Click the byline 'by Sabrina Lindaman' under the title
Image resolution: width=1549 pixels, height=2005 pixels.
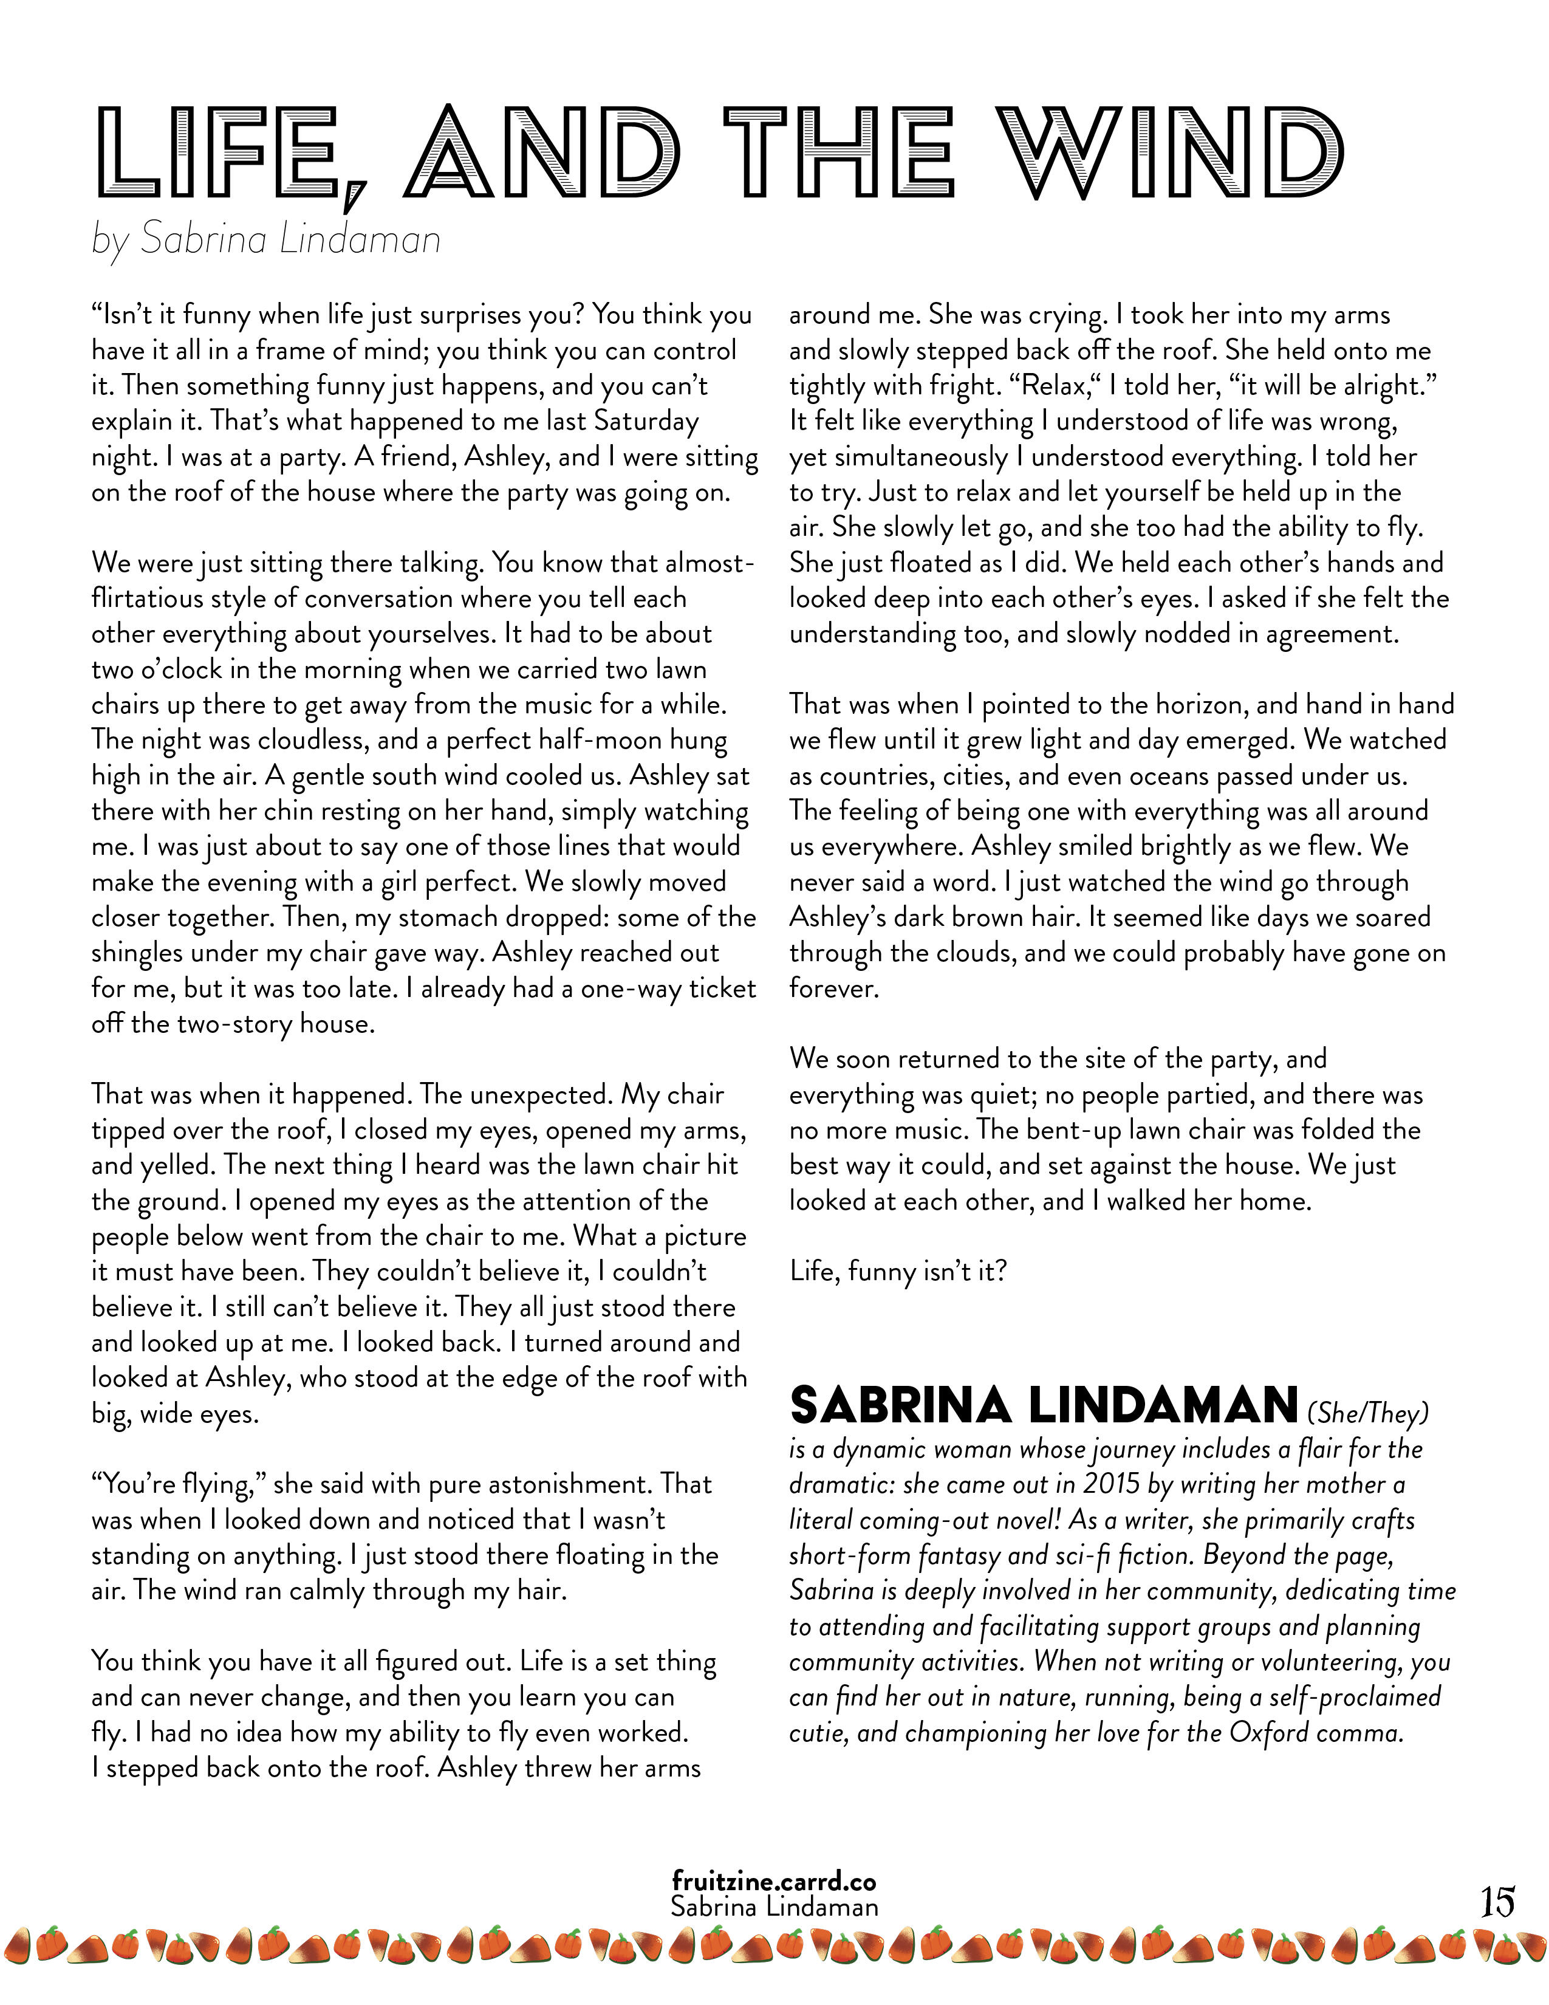(266, 239)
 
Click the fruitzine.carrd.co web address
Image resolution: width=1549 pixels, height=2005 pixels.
(773, 1881)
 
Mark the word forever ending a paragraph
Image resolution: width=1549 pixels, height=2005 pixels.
(833, 989)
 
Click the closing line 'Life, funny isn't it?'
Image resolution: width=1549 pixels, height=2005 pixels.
(898, 1272)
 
